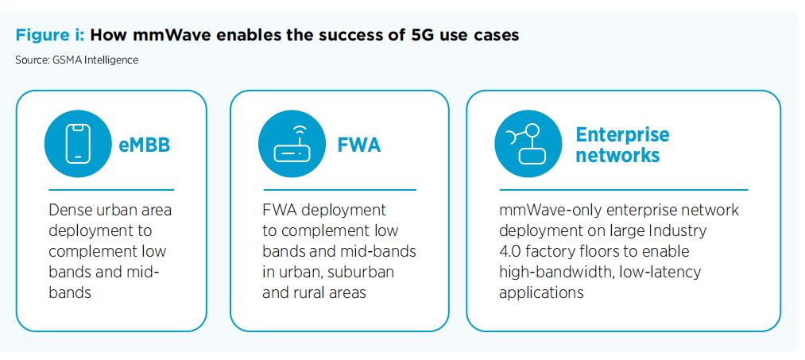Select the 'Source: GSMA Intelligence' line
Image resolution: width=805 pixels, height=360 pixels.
coord(77,60)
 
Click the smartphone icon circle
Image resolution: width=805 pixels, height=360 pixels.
coord(78,144)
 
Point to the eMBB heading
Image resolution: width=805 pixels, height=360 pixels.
coord(145,145)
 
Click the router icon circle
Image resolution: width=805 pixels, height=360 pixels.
coord(292,144)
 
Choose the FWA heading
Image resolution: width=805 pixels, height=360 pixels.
coord(359,145)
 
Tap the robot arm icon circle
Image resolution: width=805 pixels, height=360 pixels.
coord(528,144)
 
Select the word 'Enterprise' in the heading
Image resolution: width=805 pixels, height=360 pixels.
coord(623,134)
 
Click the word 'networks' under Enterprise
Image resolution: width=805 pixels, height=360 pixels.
coord(617,155)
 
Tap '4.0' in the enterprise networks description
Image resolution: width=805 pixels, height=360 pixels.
coord(510,251)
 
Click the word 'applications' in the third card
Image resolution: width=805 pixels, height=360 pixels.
coord(542,292)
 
